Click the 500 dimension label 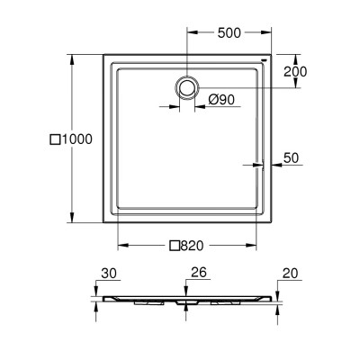[229, 32]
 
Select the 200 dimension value [295, 72]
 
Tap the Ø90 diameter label [221, 99]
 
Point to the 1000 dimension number [76, 139]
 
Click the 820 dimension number [192, 246]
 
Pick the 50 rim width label [291, 158]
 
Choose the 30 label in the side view [109, 274]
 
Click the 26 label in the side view [199, 272]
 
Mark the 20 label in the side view [290, 274]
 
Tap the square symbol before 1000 [55, 139]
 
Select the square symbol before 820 [175, 246]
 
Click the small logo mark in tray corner [264, 59]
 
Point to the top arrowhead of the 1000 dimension [71, 59]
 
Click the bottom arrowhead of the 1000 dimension [71, 218]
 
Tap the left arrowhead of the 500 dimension [193, 32]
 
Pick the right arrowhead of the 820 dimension [251, 245]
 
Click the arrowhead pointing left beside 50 [276, 165]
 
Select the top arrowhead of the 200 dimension [295, 59]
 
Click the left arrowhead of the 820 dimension [123, 245]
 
